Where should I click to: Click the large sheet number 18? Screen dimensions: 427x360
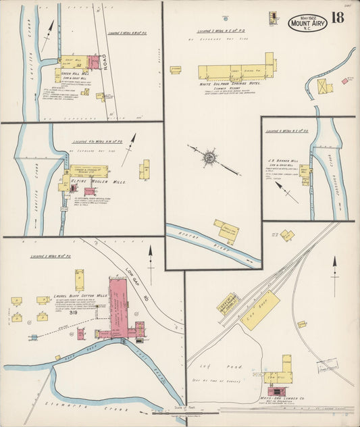point(337,18)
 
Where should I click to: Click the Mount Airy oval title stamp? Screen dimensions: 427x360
point(307,22)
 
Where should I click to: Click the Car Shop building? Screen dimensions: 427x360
point(261,311)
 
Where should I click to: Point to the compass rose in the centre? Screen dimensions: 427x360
point(209,157)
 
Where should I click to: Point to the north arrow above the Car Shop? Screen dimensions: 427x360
point(334,270)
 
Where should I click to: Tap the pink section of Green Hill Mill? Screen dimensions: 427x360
point(94,63)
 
